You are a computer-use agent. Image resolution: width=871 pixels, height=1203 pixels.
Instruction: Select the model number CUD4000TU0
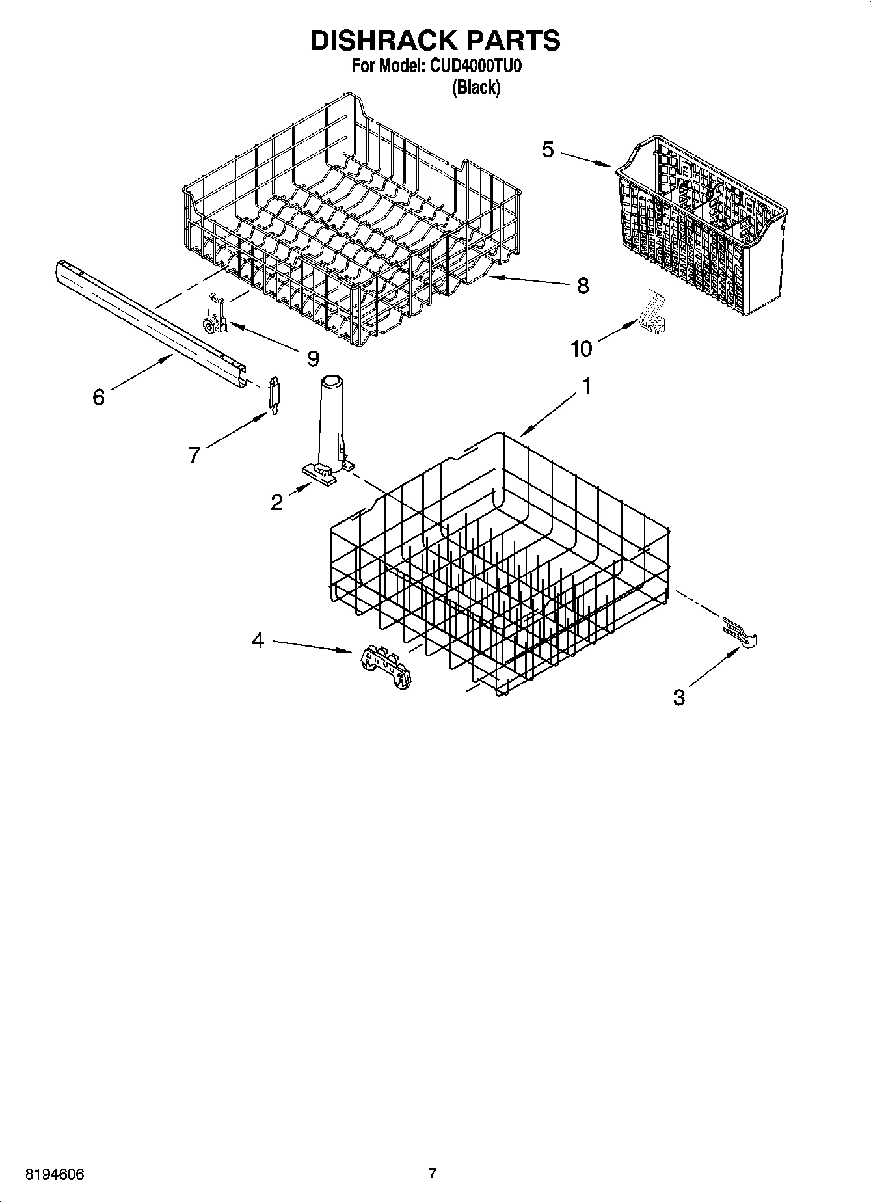tap(476, 66)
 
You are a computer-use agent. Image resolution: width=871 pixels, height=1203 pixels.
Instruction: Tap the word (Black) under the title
tap(476, 88)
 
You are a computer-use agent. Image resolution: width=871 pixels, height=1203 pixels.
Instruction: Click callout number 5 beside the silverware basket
tap(548, 150)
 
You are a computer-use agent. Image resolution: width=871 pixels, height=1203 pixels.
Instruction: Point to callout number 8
tap(583, 285)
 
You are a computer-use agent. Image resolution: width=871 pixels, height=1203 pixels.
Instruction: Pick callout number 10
tap(582, 349)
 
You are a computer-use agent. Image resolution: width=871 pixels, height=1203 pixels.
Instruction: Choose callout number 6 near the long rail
tap(98, 396)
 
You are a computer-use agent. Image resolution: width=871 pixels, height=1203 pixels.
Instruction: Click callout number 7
tap(194, 455)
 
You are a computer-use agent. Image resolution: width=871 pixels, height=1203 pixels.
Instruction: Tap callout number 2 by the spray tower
tap(277, 502)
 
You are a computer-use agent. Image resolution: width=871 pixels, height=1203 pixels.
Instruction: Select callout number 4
tap(258, 641)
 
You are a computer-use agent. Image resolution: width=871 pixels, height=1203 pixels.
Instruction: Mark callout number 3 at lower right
tap(679, 698)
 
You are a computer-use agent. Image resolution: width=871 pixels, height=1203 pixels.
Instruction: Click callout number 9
tap(314, 357)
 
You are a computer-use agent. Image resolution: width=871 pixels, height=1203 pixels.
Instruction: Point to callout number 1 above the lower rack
tap(585, 386)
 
